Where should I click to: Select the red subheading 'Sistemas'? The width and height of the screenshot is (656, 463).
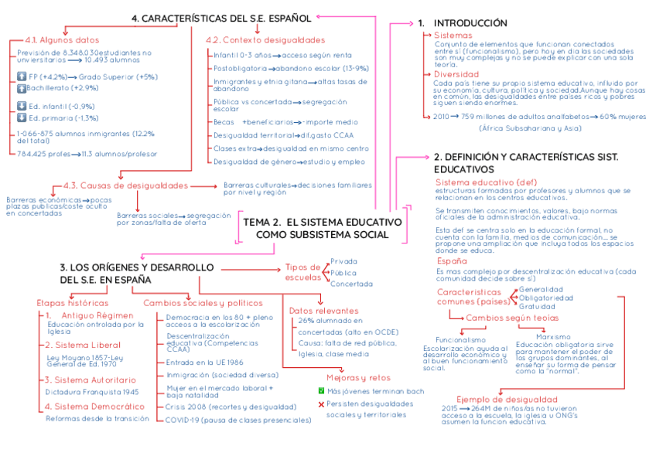pos(453,36)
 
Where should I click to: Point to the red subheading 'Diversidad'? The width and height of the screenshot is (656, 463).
pos(456,74)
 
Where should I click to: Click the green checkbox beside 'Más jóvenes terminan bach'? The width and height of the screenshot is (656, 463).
pos(321,391)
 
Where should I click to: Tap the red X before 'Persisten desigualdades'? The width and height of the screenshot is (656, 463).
pos(321,404)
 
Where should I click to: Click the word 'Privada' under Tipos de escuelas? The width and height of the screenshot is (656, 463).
pos(343,261)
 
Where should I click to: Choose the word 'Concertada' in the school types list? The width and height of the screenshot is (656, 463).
pos(352,284)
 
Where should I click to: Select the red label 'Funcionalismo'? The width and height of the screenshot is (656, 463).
pos(460,339)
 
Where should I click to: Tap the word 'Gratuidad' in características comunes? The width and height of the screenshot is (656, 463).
pos(537,306)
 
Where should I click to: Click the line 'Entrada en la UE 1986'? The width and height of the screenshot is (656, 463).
pos(205,362)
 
